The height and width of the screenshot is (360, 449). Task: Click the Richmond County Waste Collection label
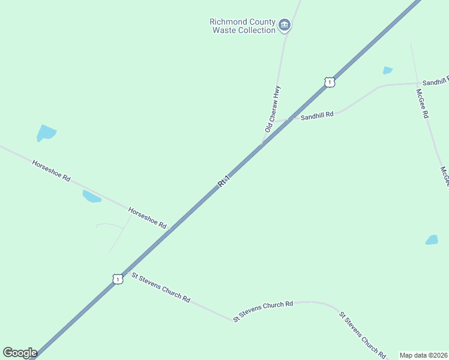[242, 26]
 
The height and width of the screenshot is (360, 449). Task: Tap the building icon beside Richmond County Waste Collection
[285, 25]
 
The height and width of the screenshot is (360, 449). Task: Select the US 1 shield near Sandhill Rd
[329, 82]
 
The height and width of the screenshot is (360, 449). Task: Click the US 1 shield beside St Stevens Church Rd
[118, 279]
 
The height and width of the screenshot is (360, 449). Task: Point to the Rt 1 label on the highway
[224, 180]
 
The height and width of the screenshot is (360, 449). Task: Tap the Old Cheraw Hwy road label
[273, 109]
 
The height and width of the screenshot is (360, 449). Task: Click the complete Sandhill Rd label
[317, 115]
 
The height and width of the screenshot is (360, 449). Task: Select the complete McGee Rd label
[423, 103]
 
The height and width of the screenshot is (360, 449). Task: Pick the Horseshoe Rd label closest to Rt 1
[148, 217]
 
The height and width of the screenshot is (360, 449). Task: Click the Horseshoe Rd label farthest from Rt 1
[52, 170]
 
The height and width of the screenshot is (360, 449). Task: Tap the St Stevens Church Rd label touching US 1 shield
[161, 288]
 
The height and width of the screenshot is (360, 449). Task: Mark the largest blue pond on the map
[46, 133]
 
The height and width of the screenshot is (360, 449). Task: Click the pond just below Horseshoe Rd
[91, 196]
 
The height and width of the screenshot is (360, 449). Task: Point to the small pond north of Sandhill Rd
[388, 70]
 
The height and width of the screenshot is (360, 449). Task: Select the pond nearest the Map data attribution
[432, 240]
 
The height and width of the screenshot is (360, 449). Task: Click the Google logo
[20, 353]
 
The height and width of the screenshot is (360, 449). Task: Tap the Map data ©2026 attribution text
[423, 355]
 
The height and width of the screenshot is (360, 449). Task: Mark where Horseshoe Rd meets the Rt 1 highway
[170, 229]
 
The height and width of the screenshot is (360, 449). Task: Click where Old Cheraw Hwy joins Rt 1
[262, 143]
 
